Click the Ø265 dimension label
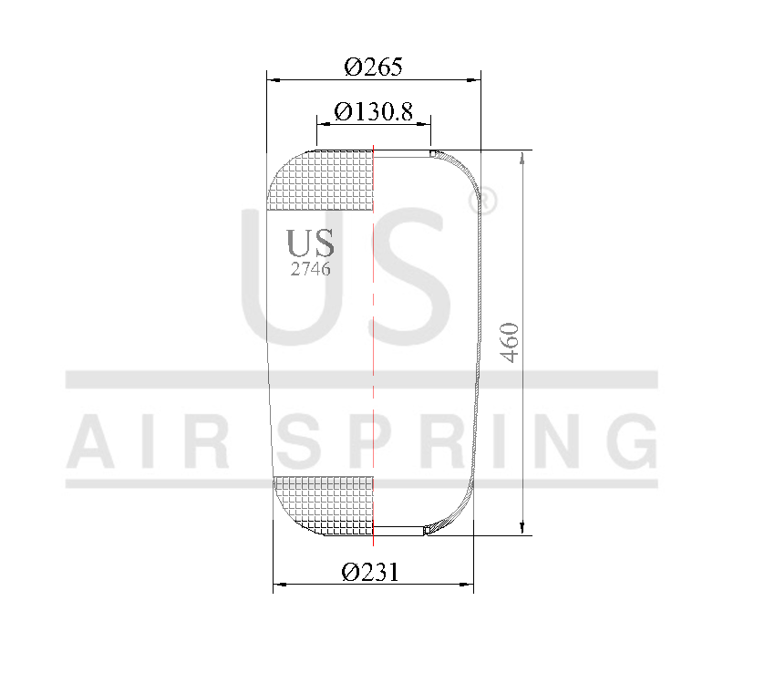pyautogui.click(x=374, y=67)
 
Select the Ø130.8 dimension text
pyautogui.click(x=374, y=111)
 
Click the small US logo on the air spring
pyautogui.click(x=310, y=243)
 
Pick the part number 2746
pyautogui.click(x=310, y=269)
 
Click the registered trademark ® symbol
pyautogui.click(x=487, y=202)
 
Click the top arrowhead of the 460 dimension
pyautogui.click(x=521, y=157)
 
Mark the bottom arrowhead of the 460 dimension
pyautogui.click(x=521, y=528)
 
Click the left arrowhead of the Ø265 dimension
pyautogui.click(x=270, y=79)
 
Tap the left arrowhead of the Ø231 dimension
pyautogui.click(x=278, y=584)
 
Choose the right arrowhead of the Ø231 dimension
pyautogui.click(x=469, y=584)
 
